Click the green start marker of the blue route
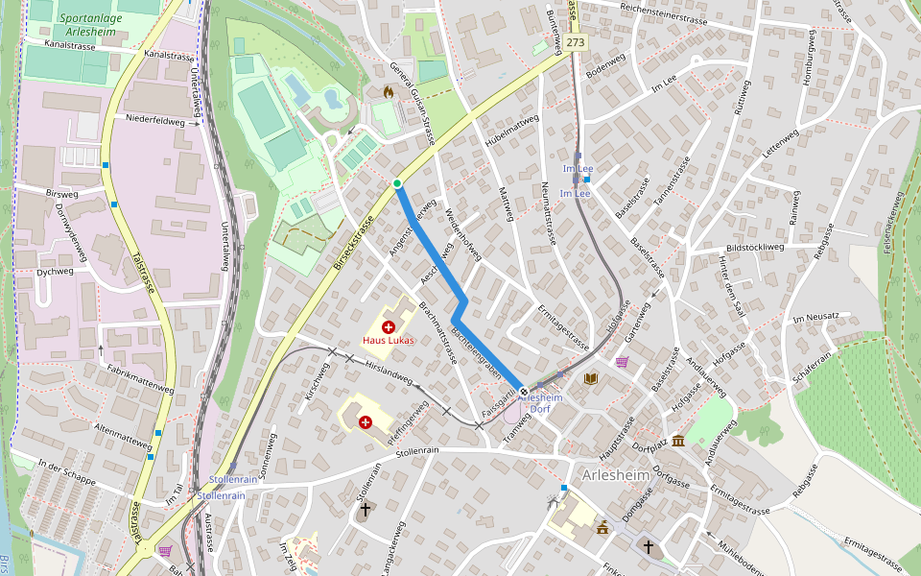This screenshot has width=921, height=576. pyautogui.click(x=397, y=183)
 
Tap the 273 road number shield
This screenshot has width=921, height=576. pyautogui.click(x=575, y=43)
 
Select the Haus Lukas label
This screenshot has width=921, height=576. pyautogui.click(x=388, y=341)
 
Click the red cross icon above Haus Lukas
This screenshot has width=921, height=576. pyautogui.click(x=388, y=327)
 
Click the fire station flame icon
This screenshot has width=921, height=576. pyautogui.click(x=388, y=93)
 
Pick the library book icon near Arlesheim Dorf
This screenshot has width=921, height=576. pyautogui.click(x=591, y=379)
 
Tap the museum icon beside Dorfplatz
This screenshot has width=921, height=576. pyautogui.click(x=678, y=441)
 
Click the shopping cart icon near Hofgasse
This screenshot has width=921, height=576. pyautogui.click(x=622, y=362)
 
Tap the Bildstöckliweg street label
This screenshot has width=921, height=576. pyautogui.click(x=755, y=247)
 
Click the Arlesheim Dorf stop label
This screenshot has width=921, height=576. pyautogui.click(x=545, y=402)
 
